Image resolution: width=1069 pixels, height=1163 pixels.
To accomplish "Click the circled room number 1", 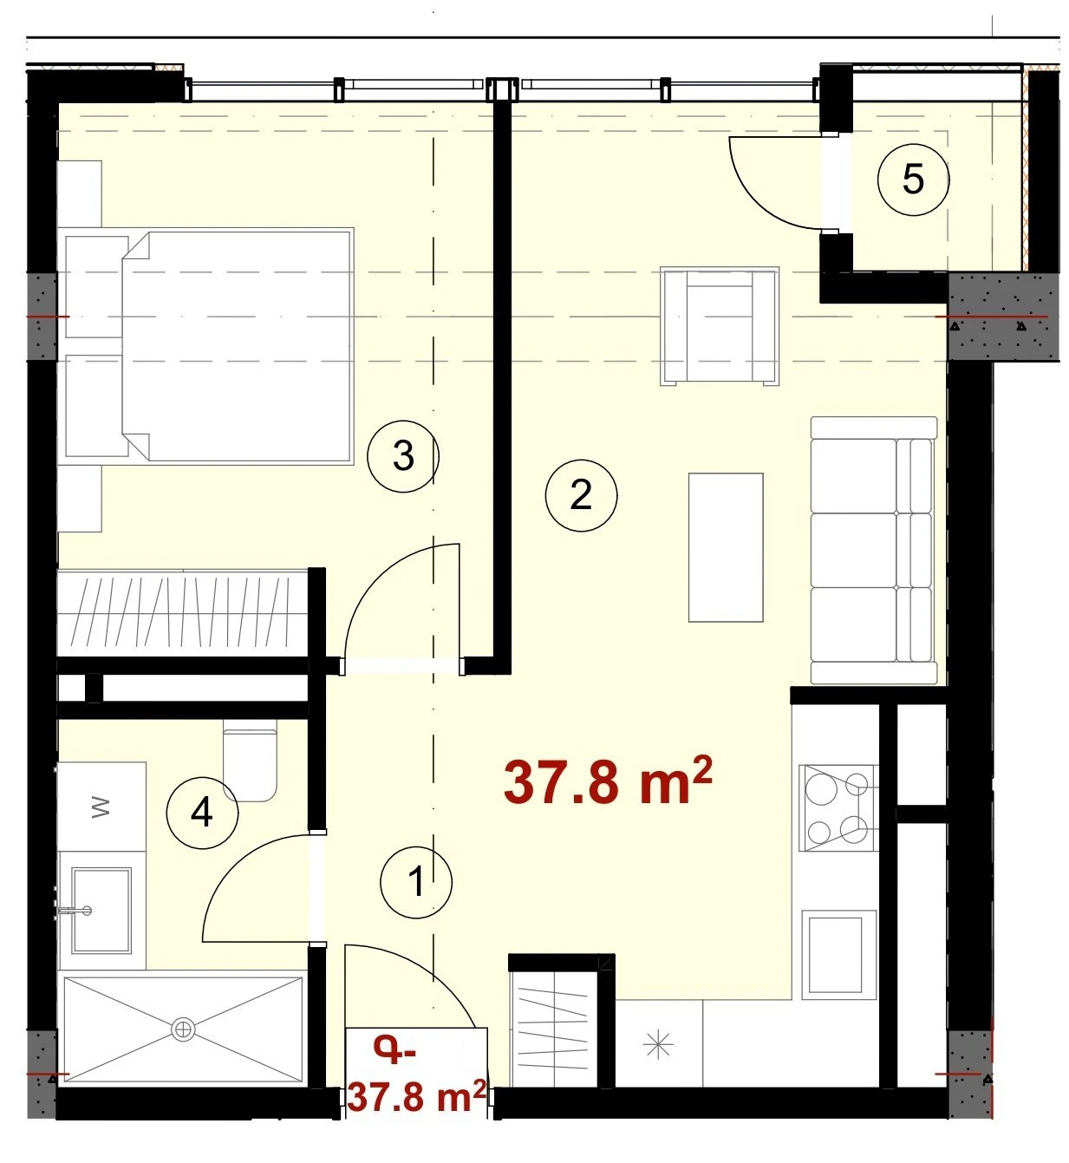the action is tap(415, 882).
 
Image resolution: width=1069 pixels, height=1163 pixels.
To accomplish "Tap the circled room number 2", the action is tap(581, 495).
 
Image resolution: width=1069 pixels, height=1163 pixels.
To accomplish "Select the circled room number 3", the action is tap(403, 455).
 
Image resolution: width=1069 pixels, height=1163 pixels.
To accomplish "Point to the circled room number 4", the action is tap(202, 813).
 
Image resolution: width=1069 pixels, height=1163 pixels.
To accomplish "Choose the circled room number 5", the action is tap(913, 180).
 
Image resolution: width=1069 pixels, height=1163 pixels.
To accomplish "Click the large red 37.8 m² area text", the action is tap(608, 782).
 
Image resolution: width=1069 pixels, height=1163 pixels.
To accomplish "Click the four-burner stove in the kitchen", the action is tap(839, 807).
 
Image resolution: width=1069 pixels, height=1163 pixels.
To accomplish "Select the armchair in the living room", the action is tap(720, 326).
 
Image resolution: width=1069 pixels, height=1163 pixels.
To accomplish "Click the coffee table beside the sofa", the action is tap(725, 547).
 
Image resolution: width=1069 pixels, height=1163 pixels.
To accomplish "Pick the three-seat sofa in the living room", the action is tap(874, 550).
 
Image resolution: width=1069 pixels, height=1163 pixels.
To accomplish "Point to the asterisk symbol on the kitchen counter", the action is tap(658, 1046).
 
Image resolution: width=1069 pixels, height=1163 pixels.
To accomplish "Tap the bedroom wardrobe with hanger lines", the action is tap(183, 613).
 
